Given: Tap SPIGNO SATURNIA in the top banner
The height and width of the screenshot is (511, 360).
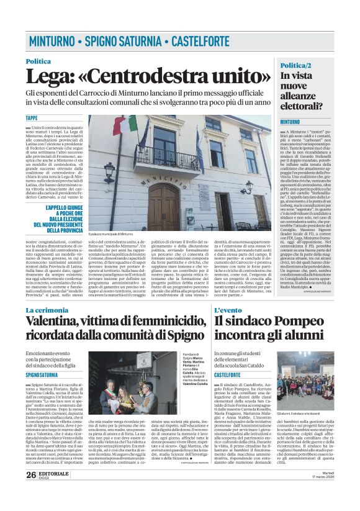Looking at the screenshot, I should click(x=124, y=42).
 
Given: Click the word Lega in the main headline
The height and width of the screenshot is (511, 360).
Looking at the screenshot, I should click(x=47, y=76).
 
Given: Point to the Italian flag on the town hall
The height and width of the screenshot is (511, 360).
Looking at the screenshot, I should click(x=127, y=126).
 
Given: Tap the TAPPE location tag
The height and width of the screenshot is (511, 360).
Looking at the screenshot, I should click(x=32, y=118).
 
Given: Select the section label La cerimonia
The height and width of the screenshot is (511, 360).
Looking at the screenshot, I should click(x=52, y=309).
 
